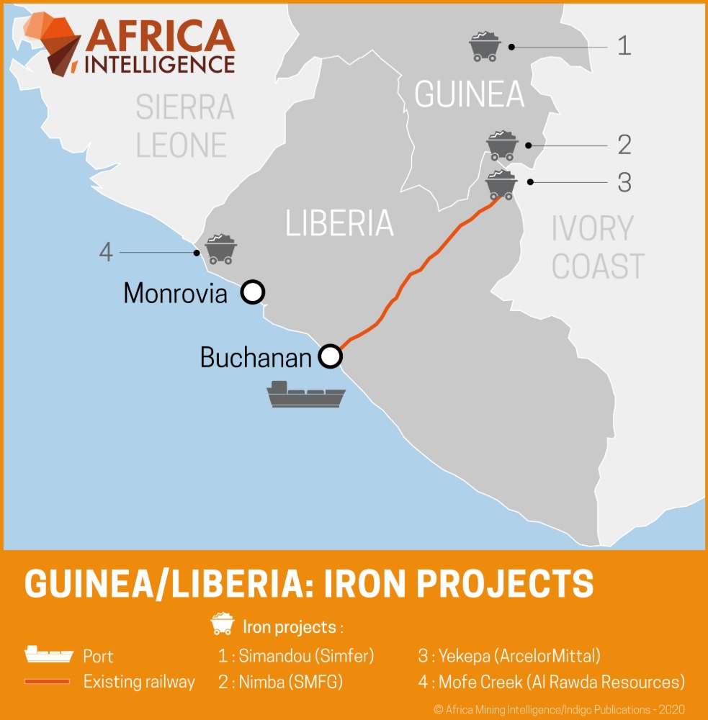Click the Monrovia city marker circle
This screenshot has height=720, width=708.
(x=252, y=292)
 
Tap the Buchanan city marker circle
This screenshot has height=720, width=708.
(x=330, y=356)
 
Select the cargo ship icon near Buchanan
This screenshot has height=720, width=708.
(x=306, y=395)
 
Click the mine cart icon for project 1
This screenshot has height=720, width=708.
(x=485, y=47)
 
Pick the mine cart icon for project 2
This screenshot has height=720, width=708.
(x=502, y=145)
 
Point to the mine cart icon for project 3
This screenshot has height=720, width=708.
(x=501, y=184)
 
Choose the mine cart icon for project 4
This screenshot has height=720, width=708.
(x=220, y=249)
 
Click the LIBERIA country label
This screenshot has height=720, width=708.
(x=339, y=223)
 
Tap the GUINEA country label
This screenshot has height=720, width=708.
(x=469, y=94)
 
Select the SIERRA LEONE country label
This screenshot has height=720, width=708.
(x=185, y=126)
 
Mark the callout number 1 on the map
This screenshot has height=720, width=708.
(x=624, y=46)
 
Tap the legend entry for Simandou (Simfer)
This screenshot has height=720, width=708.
(x=296, y=656)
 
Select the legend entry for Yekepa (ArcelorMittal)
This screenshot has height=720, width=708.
(x=508, y=656)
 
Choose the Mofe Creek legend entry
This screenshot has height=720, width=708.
(x=551, y=681)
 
